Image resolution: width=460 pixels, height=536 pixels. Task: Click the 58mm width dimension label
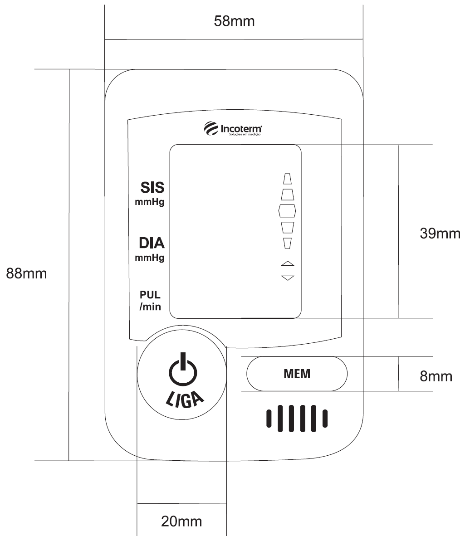point(234,21)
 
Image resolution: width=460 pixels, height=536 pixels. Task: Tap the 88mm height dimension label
point(26,273)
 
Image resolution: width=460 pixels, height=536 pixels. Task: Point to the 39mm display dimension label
point(440,234)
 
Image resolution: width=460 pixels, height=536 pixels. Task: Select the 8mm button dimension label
point(436,376)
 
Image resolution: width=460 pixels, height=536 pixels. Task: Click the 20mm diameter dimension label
point(181,521)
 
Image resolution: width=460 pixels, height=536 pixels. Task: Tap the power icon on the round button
point(183,369)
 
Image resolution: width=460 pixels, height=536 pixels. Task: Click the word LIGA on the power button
point(185,399)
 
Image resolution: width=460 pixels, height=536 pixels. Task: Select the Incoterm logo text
point(241,129)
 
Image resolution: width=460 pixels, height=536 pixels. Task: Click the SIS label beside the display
point(152,187)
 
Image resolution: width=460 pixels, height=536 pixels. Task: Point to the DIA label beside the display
point(152,243)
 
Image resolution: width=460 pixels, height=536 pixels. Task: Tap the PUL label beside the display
point(150,295)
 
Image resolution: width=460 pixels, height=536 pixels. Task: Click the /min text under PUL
point(150,307)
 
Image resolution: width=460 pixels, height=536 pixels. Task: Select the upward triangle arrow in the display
point(288,263)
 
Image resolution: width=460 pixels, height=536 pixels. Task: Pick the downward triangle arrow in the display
point(288,278)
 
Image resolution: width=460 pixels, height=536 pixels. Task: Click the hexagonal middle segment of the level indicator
point(287,211)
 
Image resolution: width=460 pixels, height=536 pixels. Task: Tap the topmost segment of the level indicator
point(287,179)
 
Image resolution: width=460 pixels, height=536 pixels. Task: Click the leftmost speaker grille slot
point(269,419)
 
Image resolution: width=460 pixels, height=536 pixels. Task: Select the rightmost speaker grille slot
point(325,419)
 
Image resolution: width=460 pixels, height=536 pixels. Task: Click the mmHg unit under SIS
point(149,202)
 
